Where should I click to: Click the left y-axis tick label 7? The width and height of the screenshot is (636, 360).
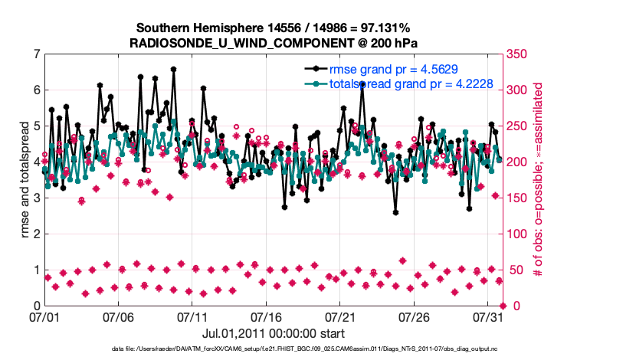pos(37,54)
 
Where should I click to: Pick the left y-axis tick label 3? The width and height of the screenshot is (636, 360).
pos(37,198)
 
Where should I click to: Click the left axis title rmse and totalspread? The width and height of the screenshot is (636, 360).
pos(25,180)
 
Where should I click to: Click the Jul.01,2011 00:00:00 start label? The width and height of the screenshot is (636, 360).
pos(274,333)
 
